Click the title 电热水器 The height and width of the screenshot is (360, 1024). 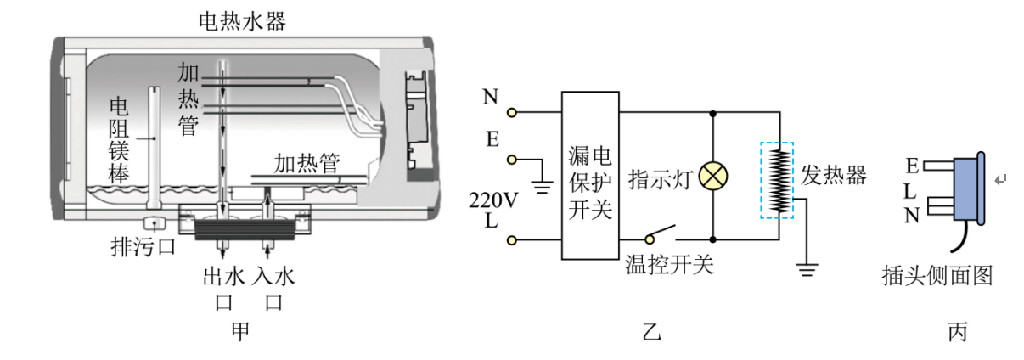tap(242, 21)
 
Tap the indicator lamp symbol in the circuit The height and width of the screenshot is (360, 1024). tap(713, 177)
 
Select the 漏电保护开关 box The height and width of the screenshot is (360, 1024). tap(590, 176)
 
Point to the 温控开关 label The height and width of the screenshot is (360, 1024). tap(669, 265)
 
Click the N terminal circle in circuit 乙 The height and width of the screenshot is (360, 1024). tap(512, 112)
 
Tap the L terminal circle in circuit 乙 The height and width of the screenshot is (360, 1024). tap(512, 239)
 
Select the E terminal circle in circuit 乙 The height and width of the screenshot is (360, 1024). tap(512, 160)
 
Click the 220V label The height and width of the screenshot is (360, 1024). tap(493, 200)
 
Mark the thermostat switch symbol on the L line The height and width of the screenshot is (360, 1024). tap(660, 233)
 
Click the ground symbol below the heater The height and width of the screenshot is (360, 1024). tap(807, 270)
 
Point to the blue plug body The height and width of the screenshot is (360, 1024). tap(968, 188)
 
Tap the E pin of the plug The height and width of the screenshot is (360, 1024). tap(938, 165)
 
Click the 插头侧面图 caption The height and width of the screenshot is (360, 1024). tap(937, 275)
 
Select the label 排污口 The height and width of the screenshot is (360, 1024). tap(143, 247)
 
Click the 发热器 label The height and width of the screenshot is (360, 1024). tap(833, 175)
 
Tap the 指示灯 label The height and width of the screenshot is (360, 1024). tap(661, 178)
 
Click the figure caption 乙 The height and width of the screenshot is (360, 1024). tap(651, 332)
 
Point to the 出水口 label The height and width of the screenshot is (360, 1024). tap(223, 289)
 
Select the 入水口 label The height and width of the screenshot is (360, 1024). tap(273, 289)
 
